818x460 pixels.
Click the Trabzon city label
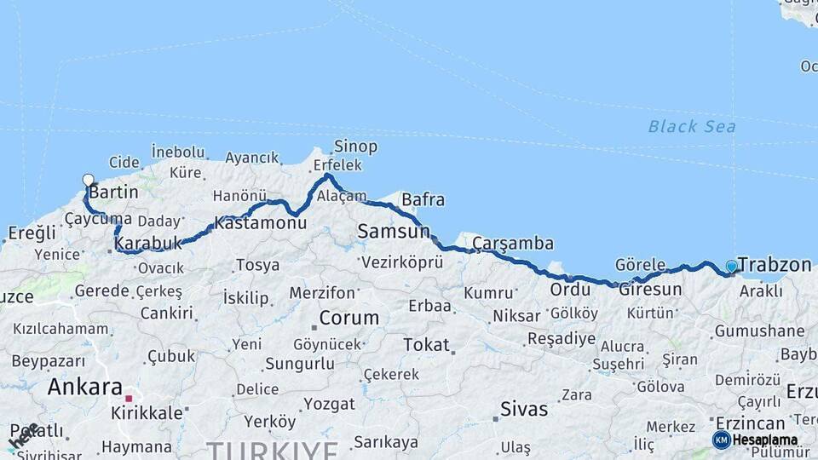click(774, 265)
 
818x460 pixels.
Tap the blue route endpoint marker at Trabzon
click(731, 267)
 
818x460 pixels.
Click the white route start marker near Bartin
click(88, 180)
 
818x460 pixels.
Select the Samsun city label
click(394, 231)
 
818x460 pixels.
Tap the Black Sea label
click(692, 127)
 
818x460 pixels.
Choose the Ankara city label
click(85, 387)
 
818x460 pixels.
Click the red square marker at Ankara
click(129, 398)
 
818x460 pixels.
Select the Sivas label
click(524, 409)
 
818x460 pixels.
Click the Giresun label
click(650, 290)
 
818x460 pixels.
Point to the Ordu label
click(570, 290)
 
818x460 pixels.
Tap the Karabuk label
click(148, 244)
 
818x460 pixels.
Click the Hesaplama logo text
click(765, 440)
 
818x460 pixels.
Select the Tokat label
click(426, 345)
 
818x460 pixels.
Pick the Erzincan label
click(750, 423)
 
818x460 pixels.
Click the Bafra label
click(423, 200)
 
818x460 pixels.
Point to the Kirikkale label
click(147, 413)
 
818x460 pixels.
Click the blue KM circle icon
click(721, 440)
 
